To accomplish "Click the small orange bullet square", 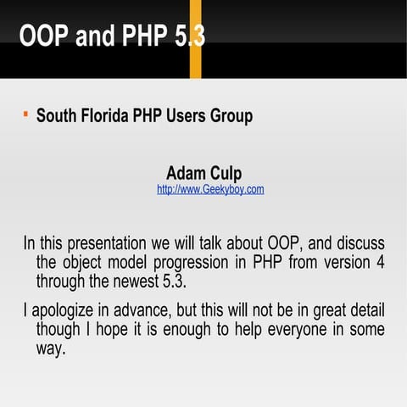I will click(25, 112).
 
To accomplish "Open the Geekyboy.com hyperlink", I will click(210, 189).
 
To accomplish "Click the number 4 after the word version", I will click(380, 262).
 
